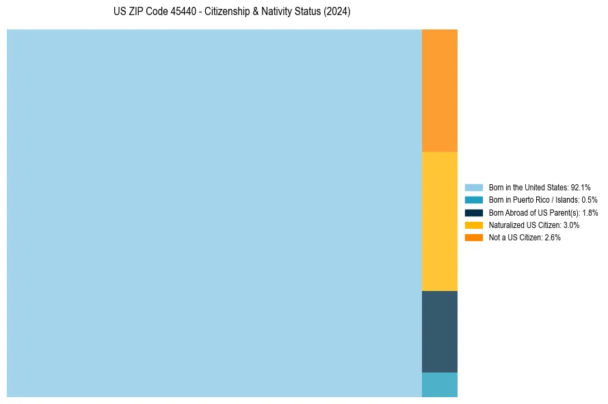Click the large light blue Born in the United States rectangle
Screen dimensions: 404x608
click(x=214, y=213)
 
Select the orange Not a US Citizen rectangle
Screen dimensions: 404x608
click(x=439, y=90)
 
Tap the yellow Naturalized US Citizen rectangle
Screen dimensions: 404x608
click(x=439, y=221)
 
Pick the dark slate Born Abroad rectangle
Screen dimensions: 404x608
click(x=439, y=331)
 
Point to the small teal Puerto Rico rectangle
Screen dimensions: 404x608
click(x=439, y=385)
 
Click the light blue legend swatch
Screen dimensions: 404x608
click(x=473, y=188)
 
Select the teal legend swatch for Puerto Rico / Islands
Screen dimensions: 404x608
click(x=473, y=200)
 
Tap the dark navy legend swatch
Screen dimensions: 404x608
click(x=473, y=212)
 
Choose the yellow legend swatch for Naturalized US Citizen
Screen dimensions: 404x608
click(x=473, y=225)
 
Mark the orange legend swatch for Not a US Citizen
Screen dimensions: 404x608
click(x=473, y=237)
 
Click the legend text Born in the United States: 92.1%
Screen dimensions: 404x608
click(x=540, y=188)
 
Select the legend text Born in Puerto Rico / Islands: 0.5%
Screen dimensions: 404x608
click(x=543, y=200)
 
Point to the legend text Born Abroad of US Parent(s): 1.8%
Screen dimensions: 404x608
click(x=543, y=212)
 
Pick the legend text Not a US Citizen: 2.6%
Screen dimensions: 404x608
click(x=525, y=237)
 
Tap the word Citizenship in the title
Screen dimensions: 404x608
click(x=228, y=12)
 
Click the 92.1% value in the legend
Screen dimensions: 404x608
click(x=580, y=188)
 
